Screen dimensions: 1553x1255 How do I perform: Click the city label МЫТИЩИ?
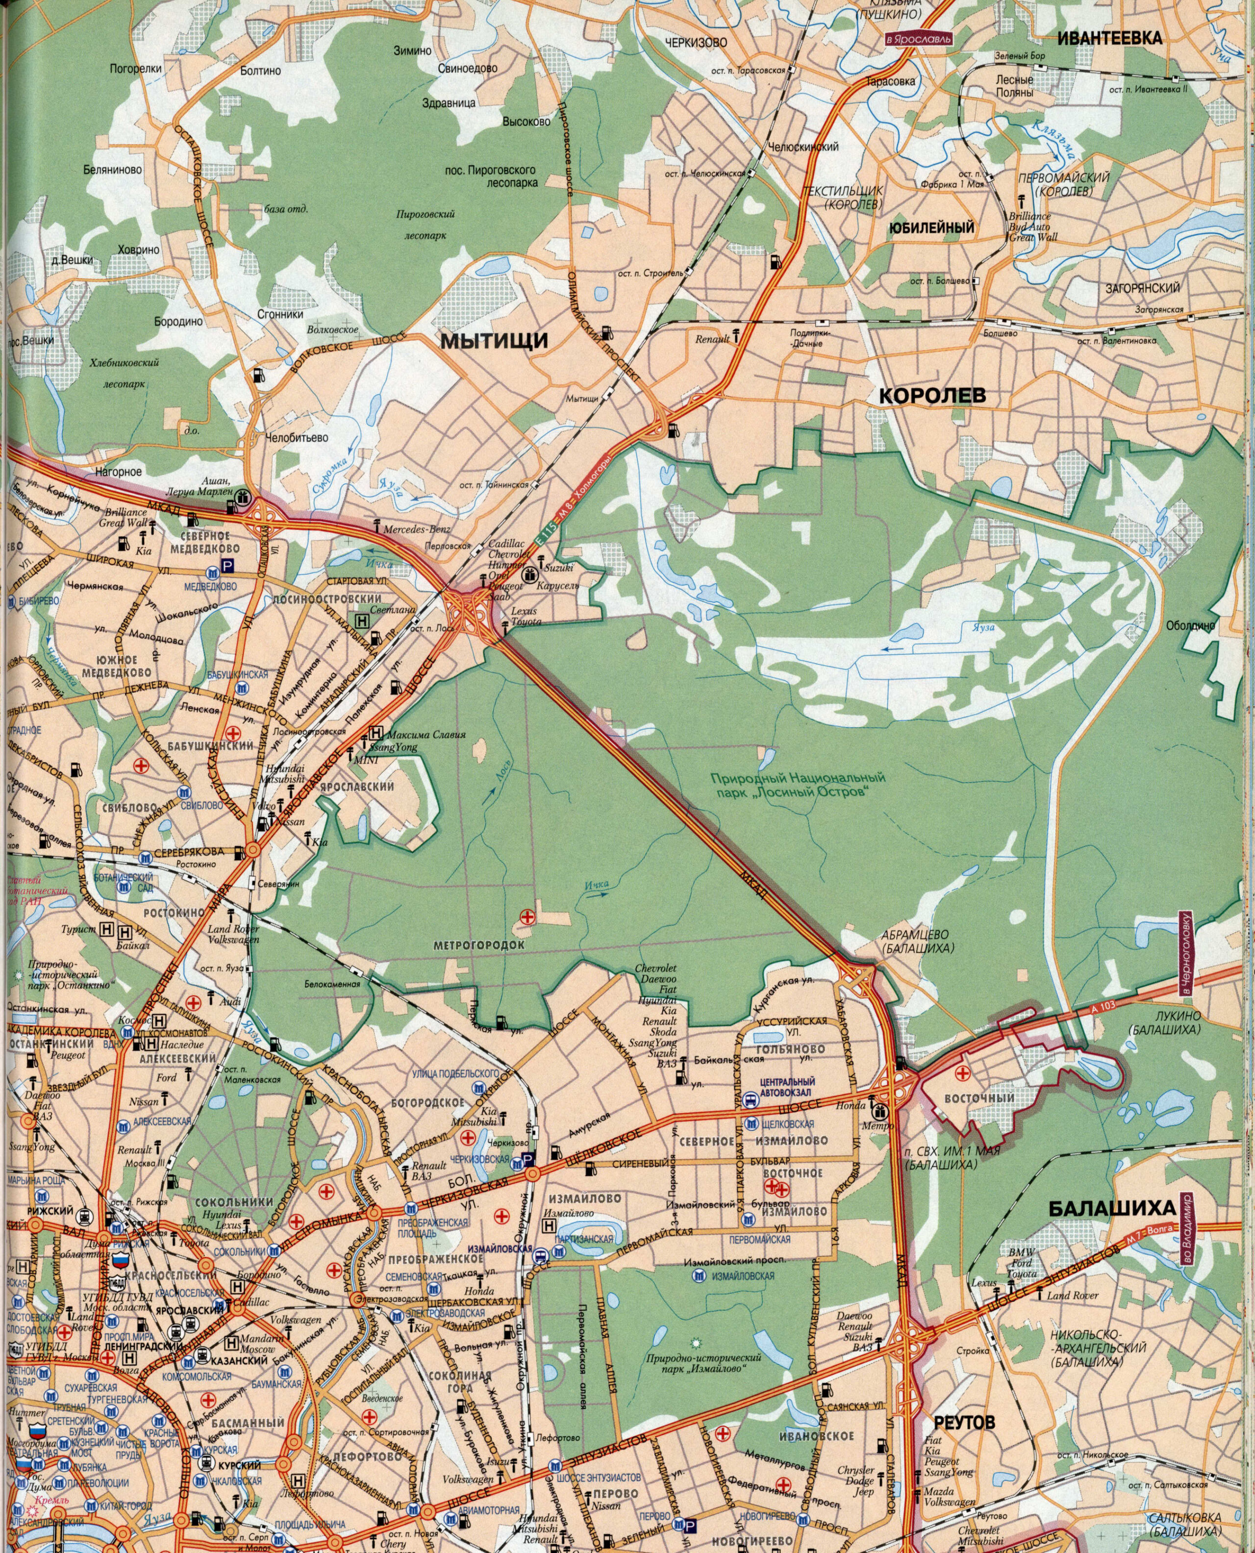pyautogui.click(x=495, y=340)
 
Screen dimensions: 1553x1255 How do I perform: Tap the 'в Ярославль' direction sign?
pyautogui.click(x=918, y=38)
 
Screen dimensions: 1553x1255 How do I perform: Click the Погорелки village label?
pyautogui.click(x=135, y=69)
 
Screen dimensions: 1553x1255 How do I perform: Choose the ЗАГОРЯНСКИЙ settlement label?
pyautogui.click(x=1142, y=288)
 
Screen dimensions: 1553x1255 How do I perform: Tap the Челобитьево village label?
pyautogui.click(x=297, y=438)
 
